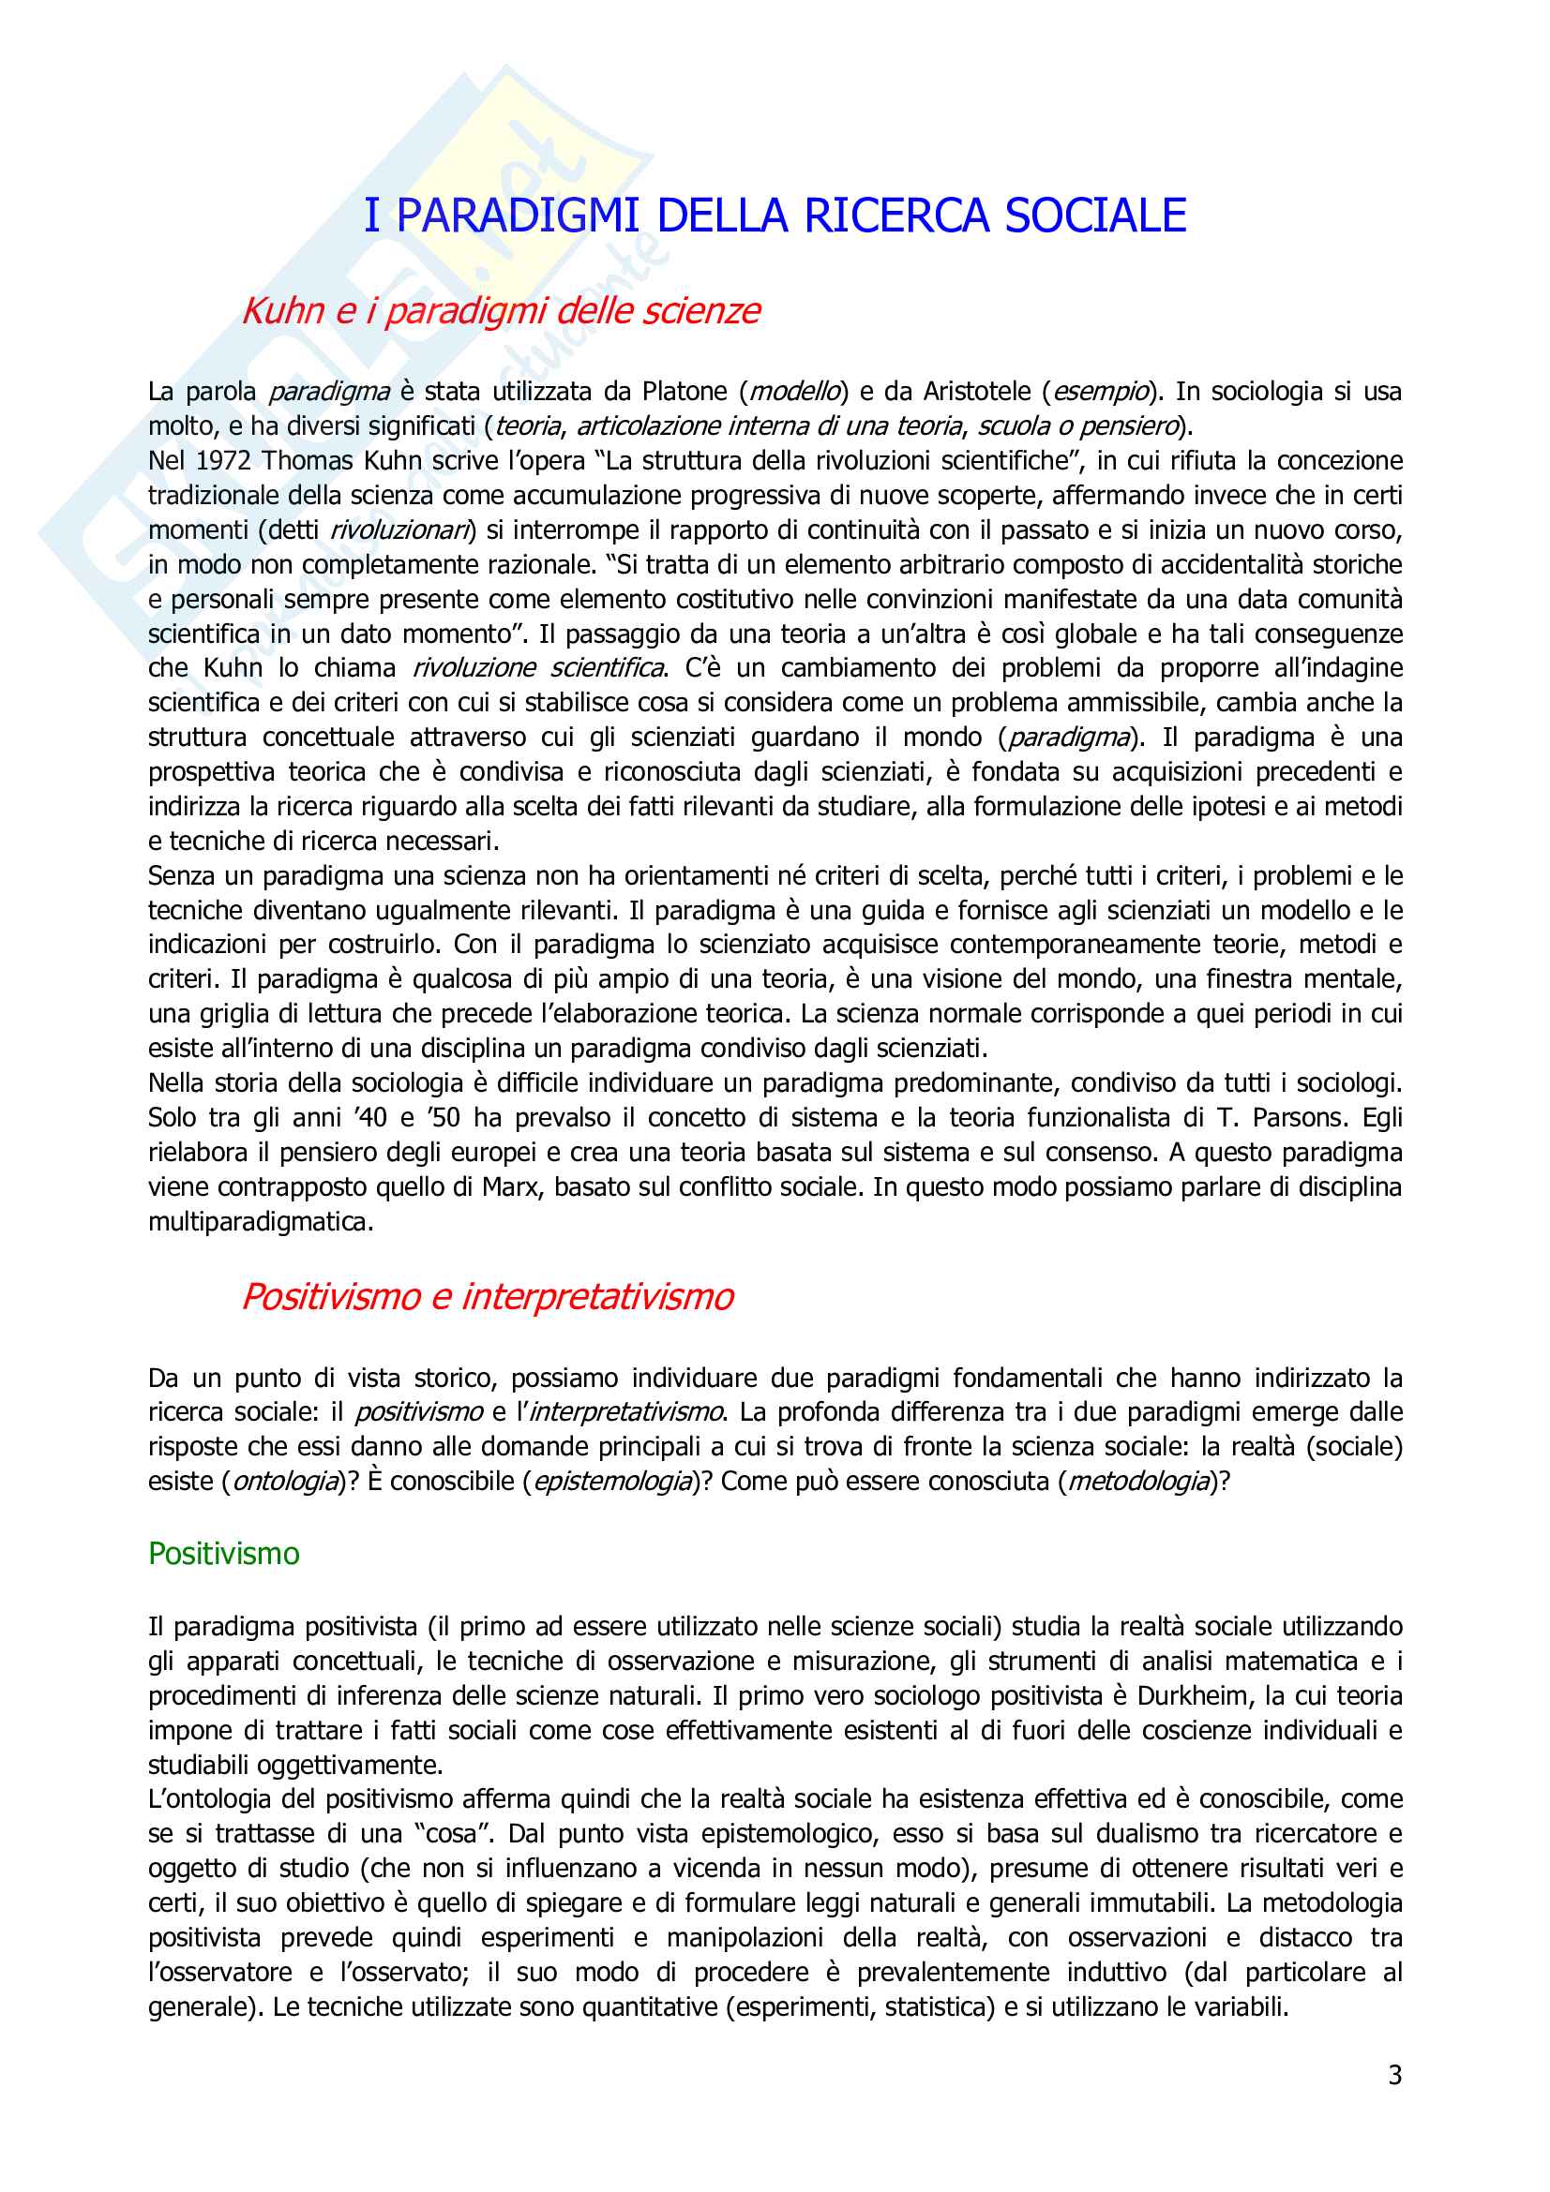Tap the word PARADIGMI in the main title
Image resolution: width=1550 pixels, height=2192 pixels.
click(517, 216)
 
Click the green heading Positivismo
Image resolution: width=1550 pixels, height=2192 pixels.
click(223, 1553)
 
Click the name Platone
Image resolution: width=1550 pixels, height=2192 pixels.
click(685, 392)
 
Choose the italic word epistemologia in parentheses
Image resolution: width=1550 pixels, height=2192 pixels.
click(612, 1481)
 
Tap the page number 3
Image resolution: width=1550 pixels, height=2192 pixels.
click(1394, 2075)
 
